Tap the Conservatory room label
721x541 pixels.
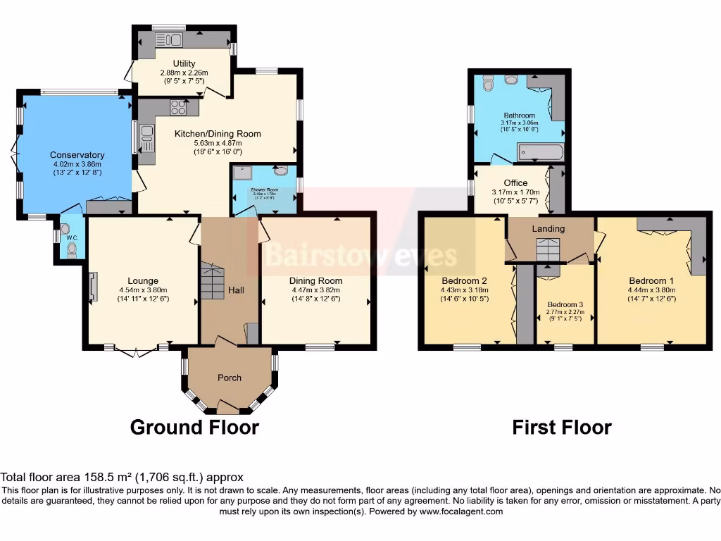tap(77, 155)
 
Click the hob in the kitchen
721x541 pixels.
tap(178, 108)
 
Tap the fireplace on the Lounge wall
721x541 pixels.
tap(93, 287)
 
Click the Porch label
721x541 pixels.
tap(230, 378)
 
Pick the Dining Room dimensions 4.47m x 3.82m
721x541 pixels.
tap(315, 290)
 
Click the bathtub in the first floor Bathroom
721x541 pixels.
tap(540, 152)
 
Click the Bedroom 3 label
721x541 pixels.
tap(565, 305)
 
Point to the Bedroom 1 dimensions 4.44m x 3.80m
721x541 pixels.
tap(651, 290)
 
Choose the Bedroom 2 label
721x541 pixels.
tap(465, 280)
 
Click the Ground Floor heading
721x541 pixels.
tap(194, 428)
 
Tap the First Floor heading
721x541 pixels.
tap(562, 428)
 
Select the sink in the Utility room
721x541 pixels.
tap(173, 39)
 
